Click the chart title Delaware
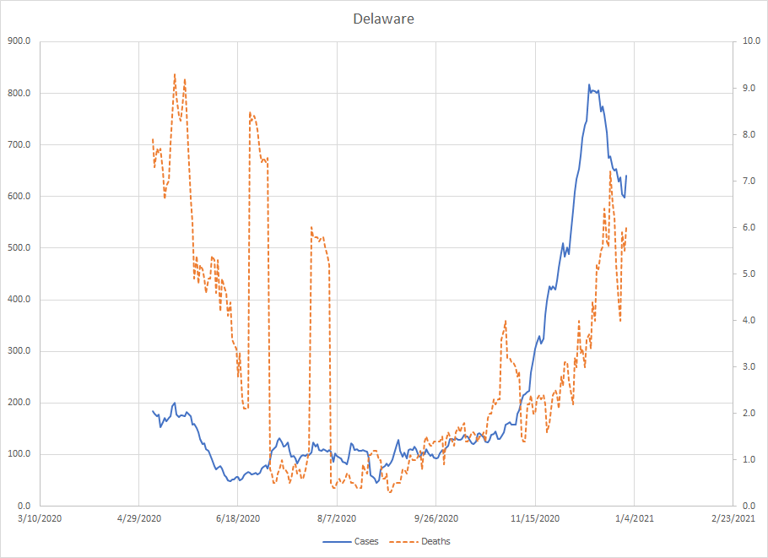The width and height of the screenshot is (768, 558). (x=383, y=19)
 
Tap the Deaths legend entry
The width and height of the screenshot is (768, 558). (x=435, y=541)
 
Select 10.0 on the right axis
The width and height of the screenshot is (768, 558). (x=744, y=41)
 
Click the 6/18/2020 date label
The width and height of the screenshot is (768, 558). (x=237, y=518)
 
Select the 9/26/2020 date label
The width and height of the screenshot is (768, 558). (x=436, y=518)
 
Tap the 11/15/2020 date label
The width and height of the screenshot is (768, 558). (x=535, y=518)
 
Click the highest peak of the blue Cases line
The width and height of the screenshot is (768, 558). (x=589, y=84)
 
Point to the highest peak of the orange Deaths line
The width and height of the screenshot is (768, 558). (x=175, y=73)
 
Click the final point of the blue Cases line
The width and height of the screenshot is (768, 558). (x=626, y=176)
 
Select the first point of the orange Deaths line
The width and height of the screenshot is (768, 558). (x=153, y=138)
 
